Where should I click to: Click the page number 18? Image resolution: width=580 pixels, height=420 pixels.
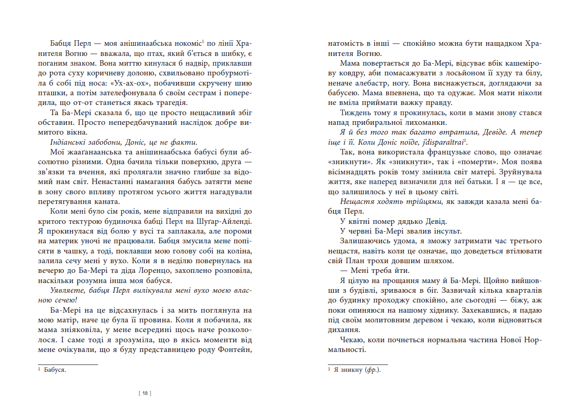click(x=145, y=394)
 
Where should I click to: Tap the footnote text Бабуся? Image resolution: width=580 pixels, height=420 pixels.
click(x=56, y=370)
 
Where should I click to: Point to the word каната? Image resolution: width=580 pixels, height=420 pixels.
click(x=107, y=202)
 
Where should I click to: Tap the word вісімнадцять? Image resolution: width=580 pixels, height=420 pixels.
click(x=355, y=172)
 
